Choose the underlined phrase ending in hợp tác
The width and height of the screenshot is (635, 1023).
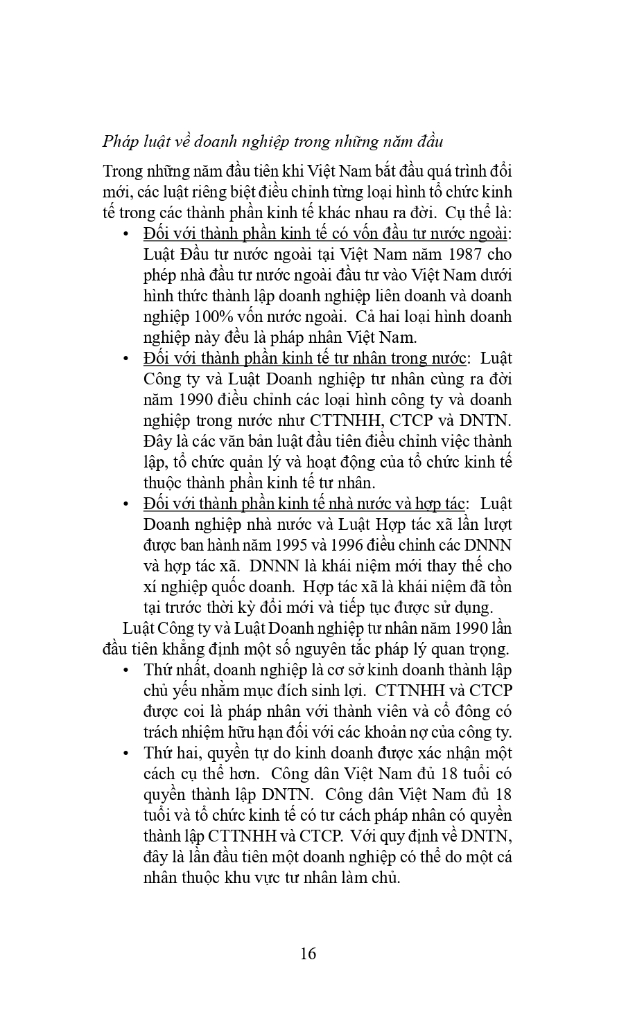pyautogui.click(x=304, y=504)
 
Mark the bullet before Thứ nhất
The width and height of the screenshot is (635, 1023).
pyautogui.click(x=125, y=670)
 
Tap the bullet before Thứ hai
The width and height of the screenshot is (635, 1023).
pyautogui.click(x=125, y=754)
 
